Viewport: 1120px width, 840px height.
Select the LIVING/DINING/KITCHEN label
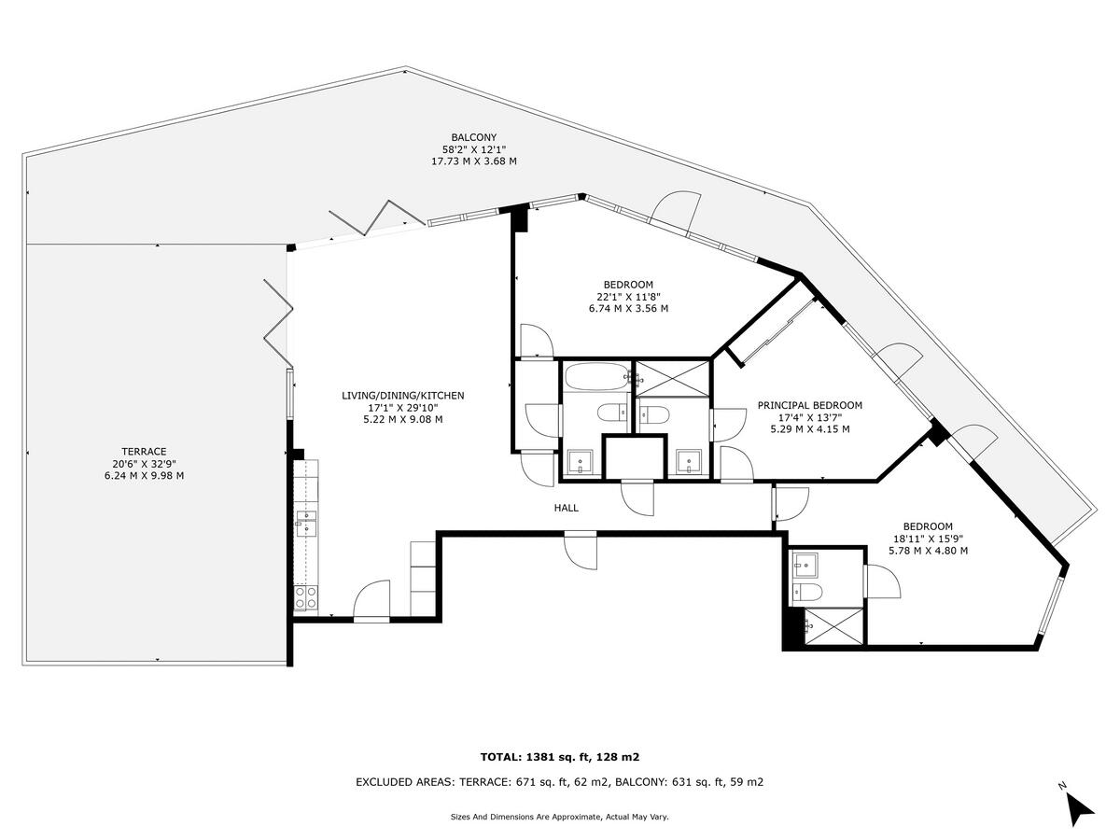click(402, 396)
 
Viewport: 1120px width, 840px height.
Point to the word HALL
click(566, 508)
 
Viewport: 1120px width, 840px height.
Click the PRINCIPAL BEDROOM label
click(809, 405)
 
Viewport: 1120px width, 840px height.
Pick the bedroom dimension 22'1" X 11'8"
click(627, 297)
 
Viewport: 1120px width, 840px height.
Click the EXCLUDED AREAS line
click(559, 782)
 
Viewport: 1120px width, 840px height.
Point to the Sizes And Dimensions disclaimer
click(559, 817)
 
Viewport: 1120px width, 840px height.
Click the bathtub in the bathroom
click(595, 378)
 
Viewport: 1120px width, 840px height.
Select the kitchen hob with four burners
click(305, 596)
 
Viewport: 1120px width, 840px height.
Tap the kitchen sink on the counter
click(306, 524)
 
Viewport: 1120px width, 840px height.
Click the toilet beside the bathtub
click(613, 413)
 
